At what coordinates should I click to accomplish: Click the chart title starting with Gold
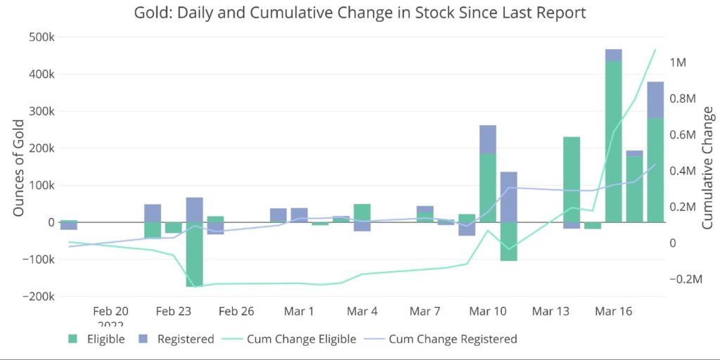(359, 13)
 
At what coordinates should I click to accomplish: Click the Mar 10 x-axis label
(488, 311)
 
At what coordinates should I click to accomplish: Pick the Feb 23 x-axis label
(174, 311)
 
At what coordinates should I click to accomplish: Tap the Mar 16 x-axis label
(613, 311)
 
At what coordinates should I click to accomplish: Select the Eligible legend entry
(97, 339)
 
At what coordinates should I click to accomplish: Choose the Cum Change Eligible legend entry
(292, 339)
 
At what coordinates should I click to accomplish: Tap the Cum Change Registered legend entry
(443, 339)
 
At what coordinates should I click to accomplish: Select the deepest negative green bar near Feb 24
(194, 254)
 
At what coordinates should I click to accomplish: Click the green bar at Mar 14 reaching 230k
(571, 179)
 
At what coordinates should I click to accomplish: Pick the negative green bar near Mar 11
(508, 241)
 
